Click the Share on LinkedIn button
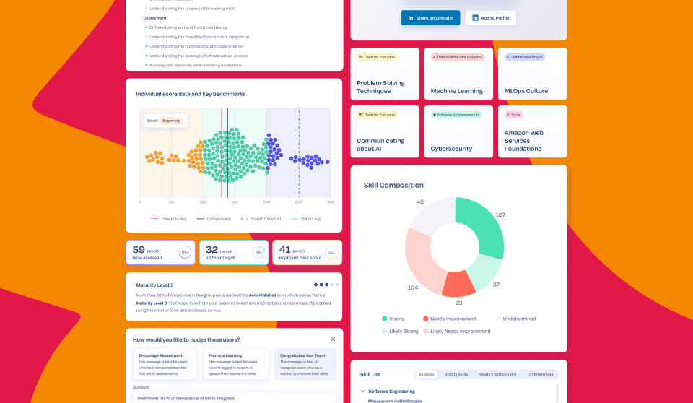coord(430,18)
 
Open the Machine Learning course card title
coord(456,91)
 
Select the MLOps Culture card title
coord(526,91)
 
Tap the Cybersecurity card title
coord(451,149)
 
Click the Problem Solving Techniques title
coord(380,87)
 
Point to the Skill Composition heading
coord(393,185)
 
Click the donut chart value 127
coord(500,214)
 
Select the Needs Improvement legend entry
coord(453,318)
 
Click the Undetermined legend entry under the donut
coord(519,318)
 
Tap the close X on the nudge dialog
coord(333,339)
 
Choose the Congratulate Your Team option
coord(305,355)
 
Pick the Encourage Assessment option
coord(160,355)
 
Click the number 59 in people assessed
coord(139,250)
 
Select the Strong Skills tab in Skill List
coord(456,374)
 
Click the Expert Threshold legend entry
coord(263,218)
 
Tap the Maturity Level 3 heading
coord(154,285)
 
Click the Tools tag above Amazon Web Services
coord(515,115)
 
